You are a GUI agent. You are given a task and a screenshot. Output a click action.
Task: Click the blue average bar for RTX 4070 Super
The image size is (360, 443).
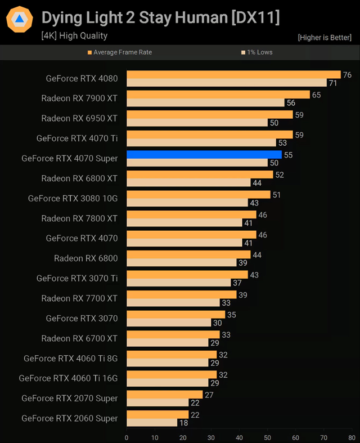(204, 154)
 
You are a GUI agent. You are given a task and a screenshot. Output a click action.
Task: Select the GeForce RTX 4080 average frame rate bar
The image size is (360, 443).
(233, 75)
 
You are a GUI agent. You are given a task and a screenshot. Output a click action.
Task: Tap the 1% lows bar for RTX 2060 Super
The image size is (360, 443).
(152, 423)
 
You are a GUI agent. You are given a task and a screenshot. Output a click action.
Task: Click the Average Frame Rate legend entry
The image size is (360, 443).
(119, 52)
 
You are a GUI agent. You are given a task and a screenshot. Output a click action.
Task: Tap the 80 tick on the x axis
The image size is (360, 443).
(352, 437)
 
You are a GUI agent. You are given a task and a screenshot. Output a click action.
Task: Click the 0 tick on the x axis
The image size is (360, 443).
(127, 437)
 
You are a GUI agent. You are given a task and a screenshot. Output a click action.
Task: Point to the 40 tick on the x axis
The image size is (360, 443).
(239, 437)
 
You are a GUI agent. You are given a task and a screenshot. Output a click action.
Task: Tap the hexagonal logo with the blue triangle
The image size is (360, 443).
(19, 20)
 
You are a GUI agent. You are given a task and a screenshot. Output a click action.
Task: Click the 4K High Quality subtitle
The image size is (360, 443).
(74, 35)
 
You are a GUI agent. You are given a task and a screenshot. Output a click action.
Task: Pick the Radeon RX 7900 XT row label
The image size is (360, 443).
(79, 99)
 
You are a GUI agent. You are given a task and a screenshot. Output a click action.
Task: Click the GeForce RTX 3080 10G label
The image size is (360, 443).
(73, 198)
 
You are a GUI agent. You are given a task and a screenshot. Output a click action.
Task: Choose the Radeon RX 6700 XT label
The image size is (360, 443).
(79, 338)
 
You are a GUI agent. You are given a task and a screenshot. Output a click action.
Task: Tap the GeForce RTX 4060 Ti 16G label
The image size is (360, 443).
(68, 378)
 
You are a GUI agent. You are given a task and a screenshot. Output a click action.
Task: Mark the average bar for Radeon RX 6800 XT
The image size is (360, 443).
(200, 174)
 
